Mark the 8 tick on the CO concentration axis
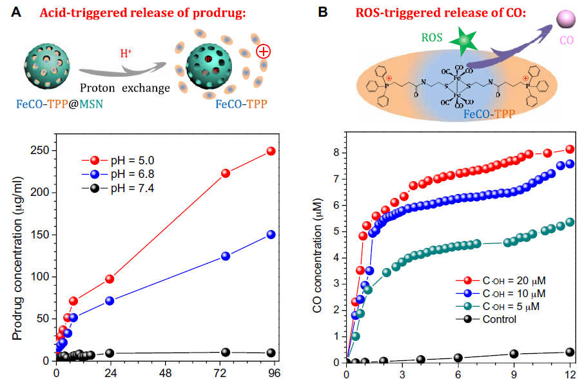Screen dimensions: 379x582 (x=335, y=153)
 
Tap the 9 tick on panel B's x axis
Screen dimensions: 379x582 (x=514, y=373)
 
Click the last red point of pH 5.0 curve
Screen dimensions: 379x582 (x=271, y=151)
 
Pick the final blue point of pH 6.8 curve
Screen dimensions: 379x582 (x=271, y=235)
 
